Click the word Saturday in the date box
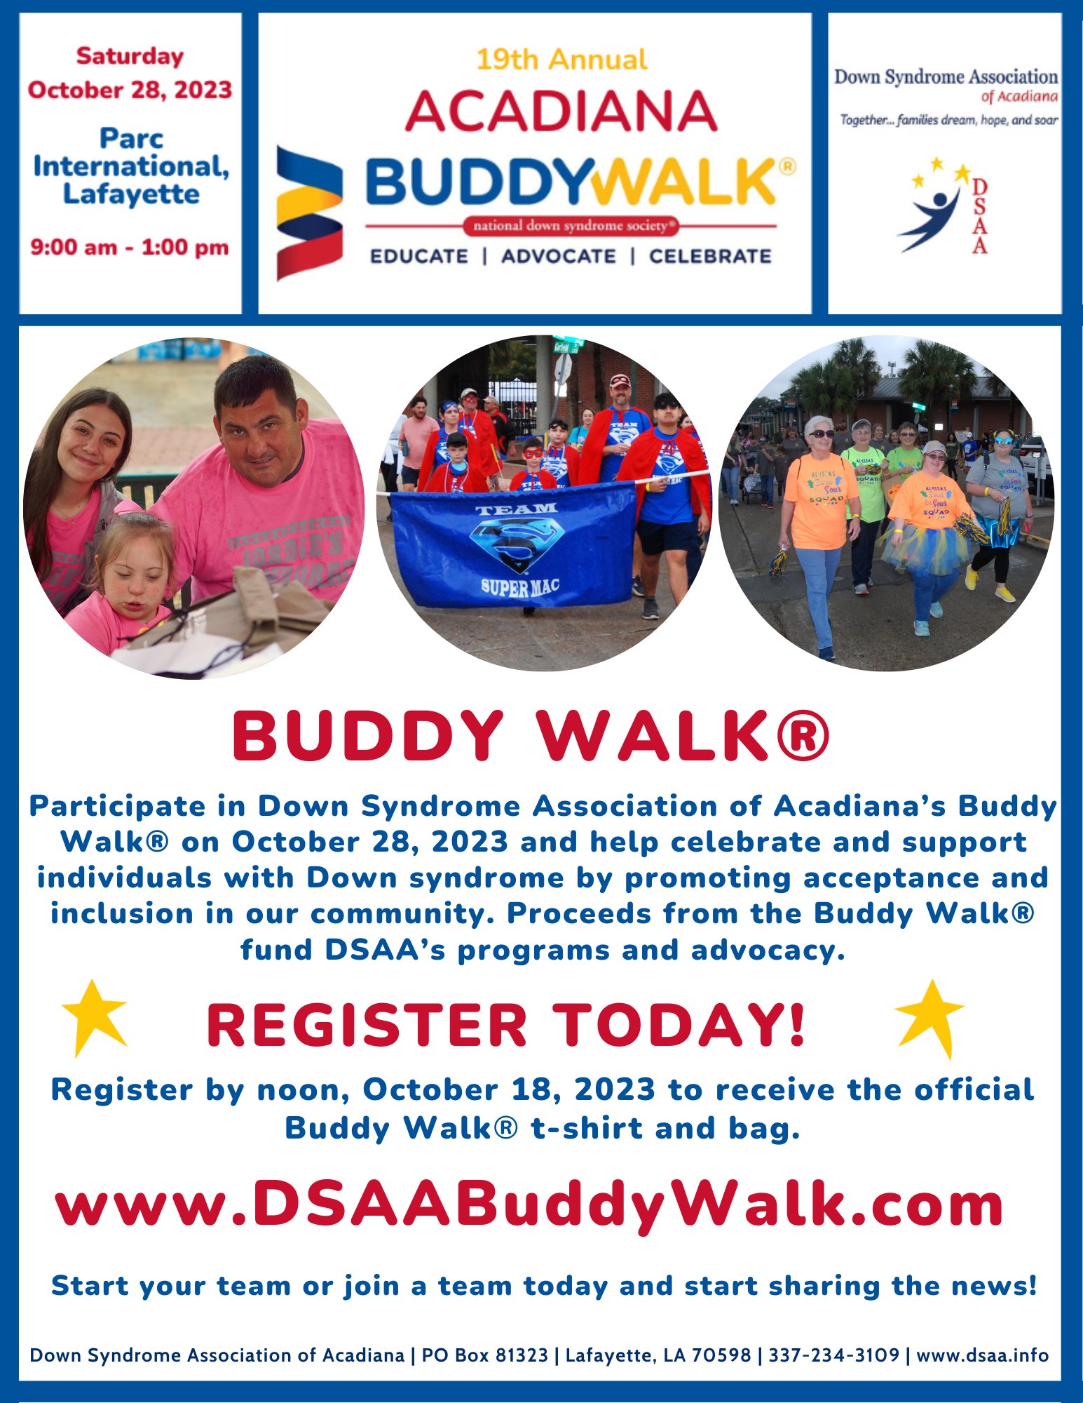tap(130, 57)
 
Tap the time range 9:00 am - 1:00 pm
tap(130, 248)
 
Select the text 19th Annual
tap(561, 60)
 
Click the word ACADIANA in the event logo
tap(561, 112)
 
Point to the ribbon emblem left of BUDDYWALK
tap(309, 213)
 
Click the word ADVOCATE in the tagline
tap(559, 257)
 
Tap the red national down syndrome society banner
tap(571, 226)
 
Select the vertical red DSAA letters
tap(979, 216)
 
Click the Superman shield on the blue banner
tap(517, 545)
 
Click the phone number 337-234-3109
tap(834, 1355)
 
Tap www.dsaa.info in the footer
tap(983, 1355)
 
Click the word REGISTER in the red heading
tap(367, 1026)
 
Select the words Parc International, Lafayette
tap(131, 166)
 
